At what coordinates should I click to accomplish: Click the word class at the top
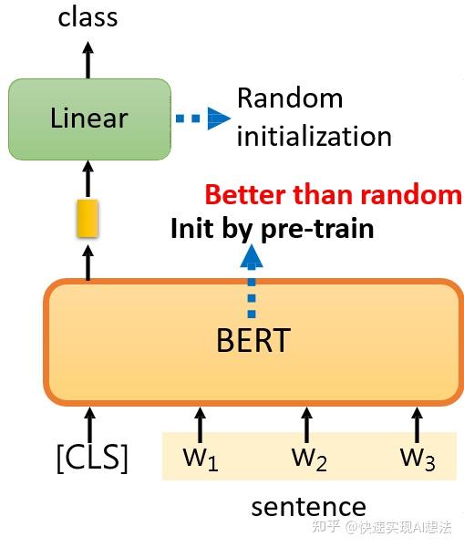tap(88, 16)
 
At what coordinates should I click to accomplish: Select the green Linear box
tap(88, 118)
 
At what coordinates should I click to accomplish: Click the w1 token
tap(201, 458)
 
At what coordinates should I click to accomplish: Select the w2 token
tap(309, 458)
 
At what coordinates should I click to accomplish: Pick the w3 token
tap(418, 458)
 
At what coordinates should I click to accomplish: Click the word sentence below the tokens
tap(308, 507)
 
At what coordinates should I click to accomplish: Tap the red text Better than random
tap(333, 194)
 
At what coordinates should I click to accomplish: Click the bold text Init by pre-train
tap(272, 228)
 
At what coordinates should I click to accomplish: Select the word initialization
tap(314, 137)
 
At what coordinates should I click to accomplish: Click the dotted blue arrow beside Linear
tap(202, 118)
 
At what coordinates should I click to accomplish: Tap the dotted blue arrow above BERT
tap(253, 278)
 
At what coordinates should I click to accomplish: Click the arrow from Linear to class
tap(88, 58)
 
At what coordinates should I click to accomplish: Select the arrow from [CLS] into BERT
tap(89, 423)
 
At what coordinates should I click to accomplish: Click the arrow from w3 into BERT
tap(417, 423)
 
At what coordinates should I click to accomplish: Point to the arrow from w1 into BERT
tap(200, 423)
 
